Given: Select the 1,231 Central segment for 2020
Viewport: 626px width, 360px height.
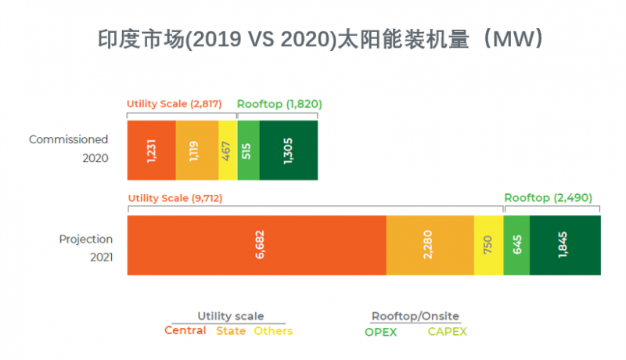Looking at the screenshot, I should (x=151, y=150).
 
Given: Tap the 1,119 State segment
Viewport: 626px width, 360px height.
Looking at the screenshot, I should (x=196, y=150).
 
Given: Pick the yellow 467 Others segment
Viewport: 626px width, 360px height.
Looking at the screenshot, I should (x=228, y=150).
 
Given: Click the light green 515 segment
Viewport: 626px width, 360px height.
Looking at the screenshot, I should (x=248, y=150).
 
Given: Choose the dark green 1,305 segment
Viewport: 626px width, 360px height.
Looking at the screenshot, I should (x=288, y=150).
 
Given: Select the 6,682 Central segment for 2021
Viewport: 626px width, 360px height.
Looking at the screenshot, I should (x=257, y=245).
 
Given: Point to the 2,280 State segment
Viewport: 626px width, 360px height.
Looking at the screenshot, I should (x=430, y=245).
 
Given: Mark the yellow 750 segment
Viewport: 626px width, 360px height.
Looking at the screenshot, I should (x=488, y=245).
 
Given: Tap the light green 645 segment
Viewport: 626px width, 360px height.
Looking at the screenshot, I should (x=516, y=245).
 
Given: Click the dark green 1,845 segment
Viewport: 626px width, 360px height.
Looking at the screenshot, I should (x=565, y=245).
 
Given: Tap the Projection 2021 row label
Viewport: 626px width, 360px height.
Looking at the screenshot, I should (x=86, y=248).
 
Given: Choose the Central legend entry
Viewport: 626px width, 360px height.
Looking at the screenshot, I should (x=185, y=331).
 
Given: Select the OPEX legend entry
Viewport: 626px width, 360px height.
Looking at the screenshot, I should (x=381, y=332).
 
